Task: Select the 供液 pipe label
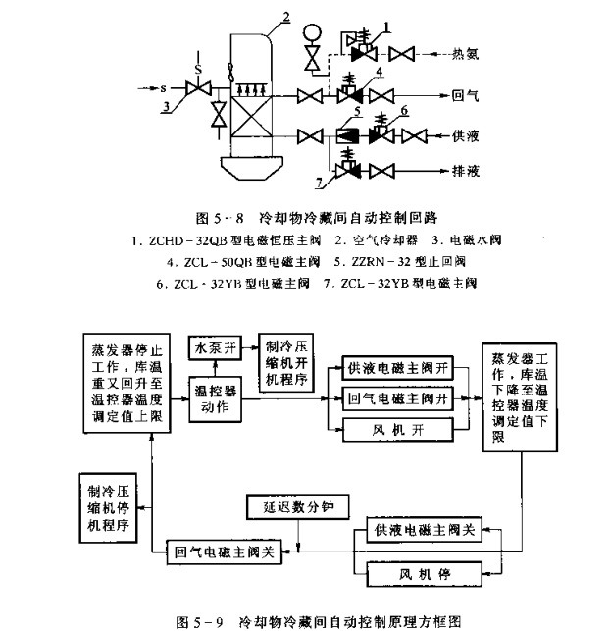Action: point(465,134)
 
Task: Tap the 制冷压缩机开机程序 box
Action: point(288,364)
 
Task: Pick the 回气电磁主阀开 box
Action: point(396,399)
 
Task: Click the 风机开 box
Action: point(396,429)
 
